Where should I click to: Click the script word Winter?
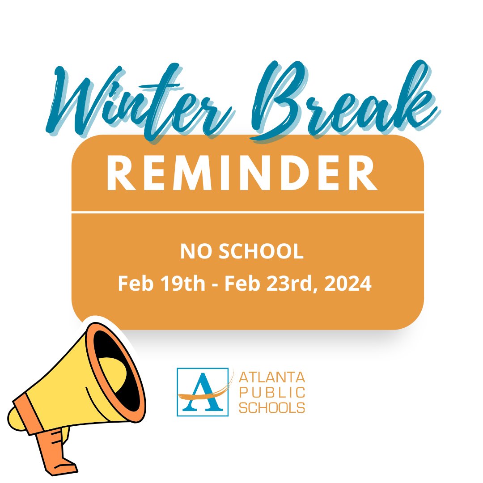139,105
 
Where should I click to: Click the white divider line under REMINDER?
247,212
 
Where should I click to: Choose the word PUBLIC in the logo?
272,393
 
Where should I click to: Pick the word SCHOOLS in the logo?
272,407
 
